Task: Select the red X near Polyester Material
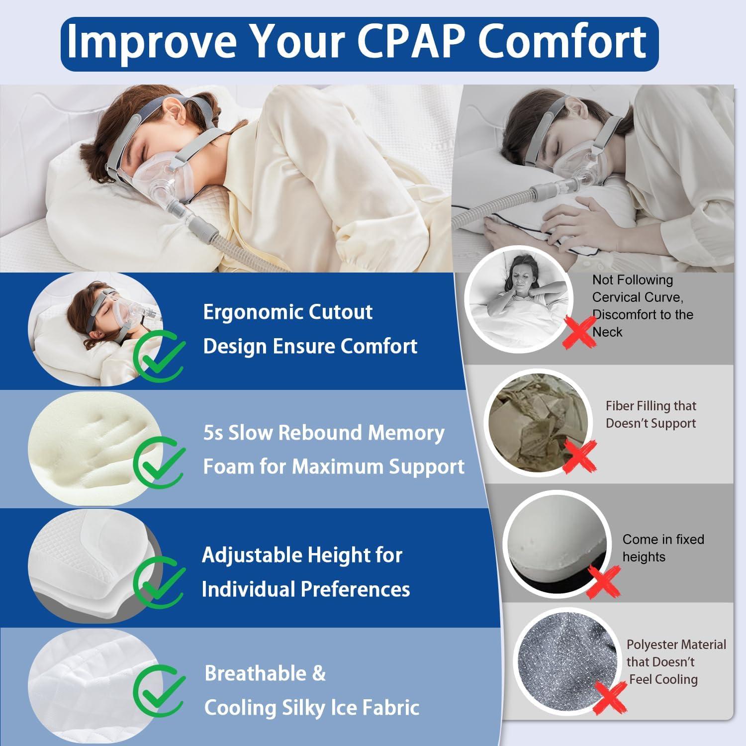(x=610, y=697)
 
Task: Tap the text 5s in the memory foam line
(x=213, y=433)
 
